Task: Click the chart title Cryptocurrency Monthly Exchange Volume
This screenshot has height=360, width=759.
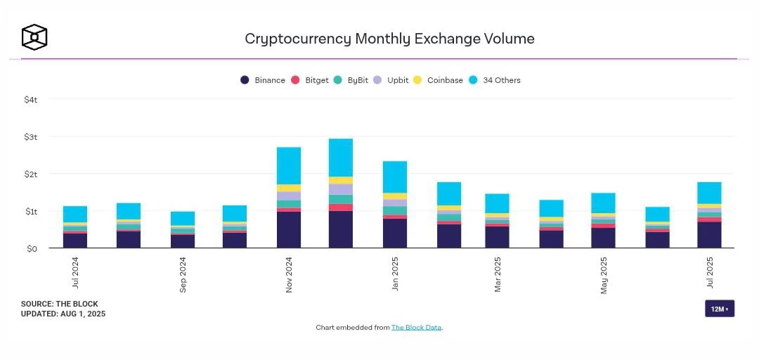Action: click(389, 39)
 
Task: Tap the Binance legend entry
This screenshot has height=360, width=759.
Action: click(263, 80)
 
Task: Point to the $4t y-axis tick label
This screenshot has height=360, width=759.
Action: click(30, 100)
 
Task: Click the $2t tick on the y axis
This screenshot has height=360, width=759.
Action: click(30, 174)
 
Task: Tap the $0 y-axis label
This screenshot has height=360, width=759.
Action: click(32, 248)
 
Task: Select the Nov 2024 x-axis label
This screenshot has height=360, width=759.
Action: click(289, 274)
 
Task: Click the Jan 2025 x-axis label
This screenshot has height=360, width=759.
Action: click(395, 274)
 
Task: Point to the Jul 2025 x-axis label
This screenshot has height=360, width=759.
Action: click(710, 273)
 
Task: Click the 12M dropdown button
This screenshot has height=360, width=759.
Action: click(719, 309)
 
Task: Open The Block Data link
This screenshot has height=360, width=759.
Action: click(416, 328)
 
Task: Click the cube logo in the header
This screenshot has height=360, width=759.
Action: click(34, 37)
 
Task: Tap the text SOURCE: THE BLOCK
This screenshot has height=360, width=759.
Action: click(59, 304)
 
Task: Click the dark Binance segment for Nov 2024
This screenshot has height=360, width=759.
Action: click(289, 229)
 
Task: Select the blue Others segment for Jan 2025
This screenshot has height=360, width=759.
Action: click(395, 176)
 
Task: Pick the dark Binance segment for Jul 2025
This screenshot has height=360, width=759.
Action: click(709, 235)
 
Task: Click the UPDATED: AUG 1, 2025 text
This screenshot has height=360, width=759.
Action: click(63, 314)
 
